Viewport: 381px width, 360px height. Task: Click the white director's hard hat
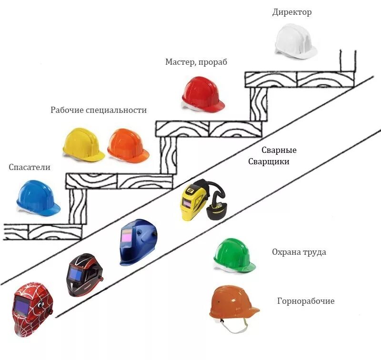295,41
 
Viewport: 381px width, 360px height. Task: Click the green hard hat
234,257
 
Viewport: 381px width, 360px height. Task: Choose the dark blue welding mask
138,241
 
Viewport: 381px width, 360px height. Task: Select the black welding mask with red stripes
84,274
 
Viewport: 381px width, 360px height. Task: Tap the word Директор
292,12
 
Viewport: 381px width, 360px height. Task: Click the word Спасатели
29,167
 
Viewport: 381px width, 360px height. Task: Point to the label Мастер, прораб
196,62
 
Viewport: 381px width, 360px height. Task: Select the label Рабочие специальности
99,110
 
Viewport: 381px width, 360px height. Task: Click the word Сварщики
269,161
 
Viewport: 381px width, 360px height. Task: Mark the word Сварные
279,150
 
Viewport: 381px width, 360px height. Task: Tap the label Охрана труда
299,252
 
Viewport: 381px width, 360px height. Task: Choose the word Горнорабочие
306,301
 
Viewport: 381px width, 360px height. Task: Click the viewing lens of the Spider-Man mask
22,304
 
